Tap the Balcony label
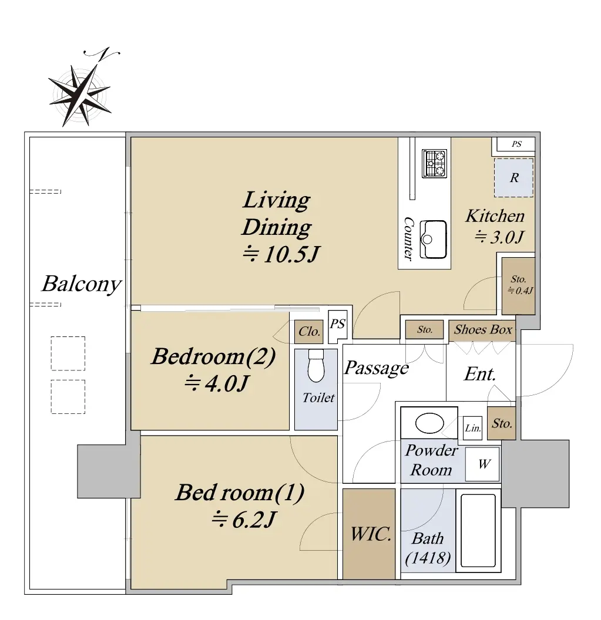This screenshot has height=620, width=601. tap(82, 284)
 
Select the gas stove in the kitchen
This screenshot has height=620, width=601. tap(434, 163)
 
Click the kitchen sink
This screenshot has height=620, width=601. tap(433, 239)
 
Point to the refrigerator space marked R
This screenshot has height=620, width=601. tap(513, 177)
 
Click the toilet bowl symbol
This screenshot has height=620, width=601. tap(316, 366)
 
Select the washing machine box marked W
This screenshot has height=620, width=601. tap(482, 464)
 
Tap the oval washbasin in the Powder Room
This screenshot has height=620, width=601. tap(429, 423)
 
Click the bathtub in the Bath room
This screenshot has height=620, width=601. tap(478, 531)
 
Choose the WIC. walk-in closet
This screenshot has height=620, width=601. tap(369, 534)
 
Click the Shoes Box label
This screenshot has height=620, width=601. tap(483, 329)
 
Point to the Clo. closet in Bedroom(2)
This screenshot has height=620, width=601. tap(309, 331)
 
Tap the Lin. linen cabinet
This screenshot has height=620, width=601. tap(472, 428)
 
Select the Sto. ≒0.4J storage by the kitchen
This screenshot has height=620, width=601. tap(519, 285)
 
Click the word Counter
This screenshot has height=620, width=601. tap(408, 238)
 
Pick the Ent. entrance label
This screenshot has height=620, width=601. tap(479, 374)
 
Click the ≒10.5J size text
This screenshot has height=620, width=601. tap(280, 254)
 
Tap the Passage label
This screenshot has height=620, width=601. tap(376, 368)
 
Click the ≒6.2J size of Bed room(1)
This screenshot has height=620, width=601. tap(243, 520)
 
